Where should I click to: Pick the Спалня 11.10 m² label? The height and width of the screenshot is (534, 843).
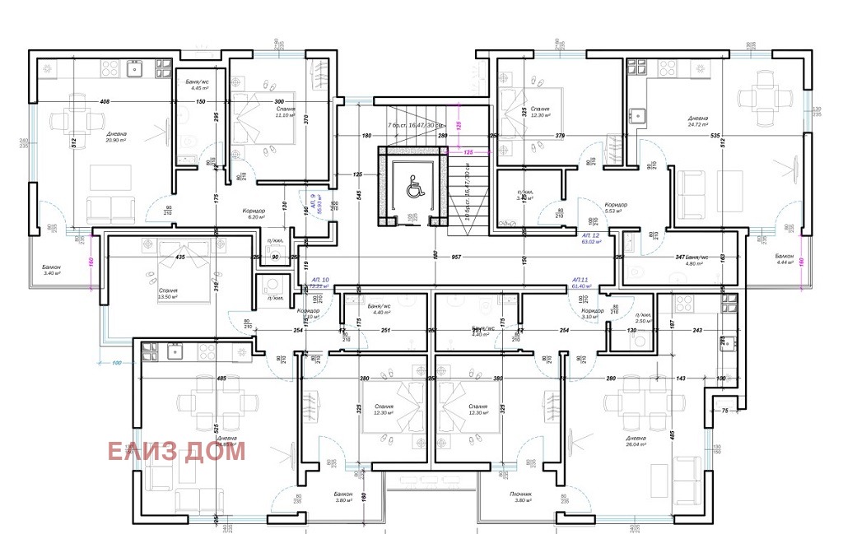click(286, 112)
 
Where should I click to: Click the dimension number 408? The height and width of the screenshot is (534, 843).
click(104, 101)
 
